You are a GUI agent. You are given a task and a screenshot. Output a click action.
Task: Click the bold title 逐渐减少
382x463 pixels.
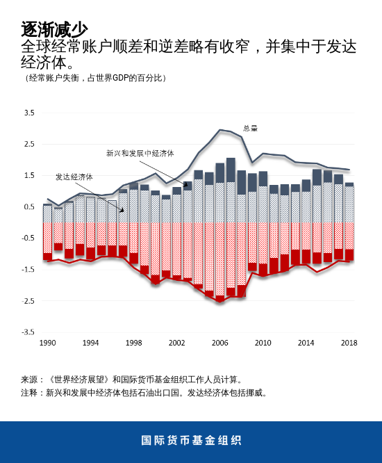pyautogui.click(x=54, y=29)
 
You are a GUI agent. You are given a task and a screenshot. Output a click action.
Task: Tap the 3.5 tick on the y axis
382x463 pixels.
pyautogui.click(x=29, y=113)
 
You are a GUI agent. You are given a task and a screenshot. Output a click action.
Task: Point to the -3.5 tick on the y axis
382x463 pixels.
pyautogui.click(x=28, y=332)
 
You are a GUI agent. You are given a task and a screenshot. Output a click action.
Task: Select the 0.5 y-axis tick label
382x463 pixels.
pyautogui.click(x=29, y=206)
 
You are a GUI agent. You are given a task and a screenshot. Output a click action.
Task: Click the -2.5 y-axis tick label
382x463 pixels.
pyautogui.click(x=28, y=301)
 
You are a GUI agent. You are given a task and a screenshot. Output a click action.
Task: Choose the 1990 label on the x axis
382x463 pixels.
pyautogui.click(x=47, y=343)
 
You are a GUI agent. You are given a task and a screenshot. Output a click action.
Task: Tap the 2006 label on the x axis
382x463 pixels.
pyautogui.click(x=219, y=343)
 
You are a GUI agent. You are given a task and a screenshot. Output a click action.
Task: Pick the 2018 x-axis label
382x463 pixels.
pyautogui.click(x=349, y=343)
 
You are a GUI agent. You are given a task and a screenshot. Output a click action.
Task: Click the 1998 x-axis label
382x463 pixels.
pyautogui.click(x=133, y=343)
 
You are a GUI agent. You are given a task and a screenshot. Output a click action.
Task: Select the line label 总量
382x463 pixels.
pyautogui.click(x=250, y=128)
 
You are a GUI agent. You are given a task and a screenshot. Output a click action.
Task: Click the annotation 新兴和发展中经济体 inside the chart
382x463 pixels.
pyautogui.click(x=140, y=153)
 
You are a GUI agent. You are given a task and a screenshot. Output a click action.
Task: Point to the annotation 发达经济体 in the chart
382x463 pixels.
pyautogui.click(x=74, y=177)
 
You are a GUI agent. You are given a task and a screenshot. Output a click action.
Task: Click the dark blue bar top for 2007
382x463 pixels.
pyautogui.click(x=231, y=170)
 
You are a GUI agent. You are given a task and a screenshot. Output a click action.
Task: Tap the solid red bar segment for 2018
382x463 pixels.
pyautogui.click(x=349, y=254)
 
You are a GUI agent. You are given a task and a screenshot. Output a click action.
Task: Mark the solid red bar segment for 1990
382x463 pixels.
pyautogui.click(x=47, y=257)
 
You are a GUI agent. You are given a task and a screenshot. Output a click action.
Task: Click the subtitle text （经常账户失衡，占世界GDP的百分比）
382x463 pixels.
pyautogui.click(x=95, y=78)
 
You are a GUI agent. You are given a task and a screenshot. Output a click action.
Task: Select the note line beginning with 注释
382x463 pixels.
pyautogui.click(x=144, y=393)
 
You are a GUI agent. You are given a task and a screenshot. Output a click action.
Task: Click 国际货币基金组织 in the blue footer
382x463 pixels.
pyautogui.click(x=191, y=441)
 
